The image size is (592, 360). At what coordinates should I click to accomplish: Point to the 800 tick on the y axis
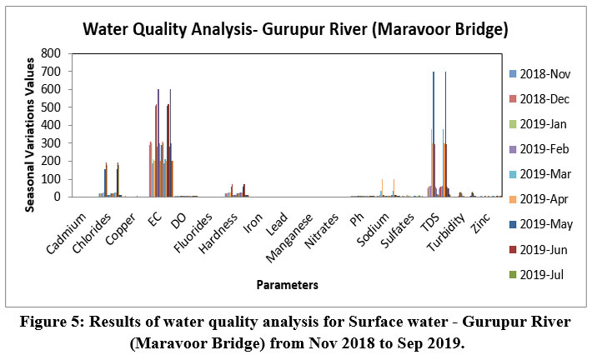50,52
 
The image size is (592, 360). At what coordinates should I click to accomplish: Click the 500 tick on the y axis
50,107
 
